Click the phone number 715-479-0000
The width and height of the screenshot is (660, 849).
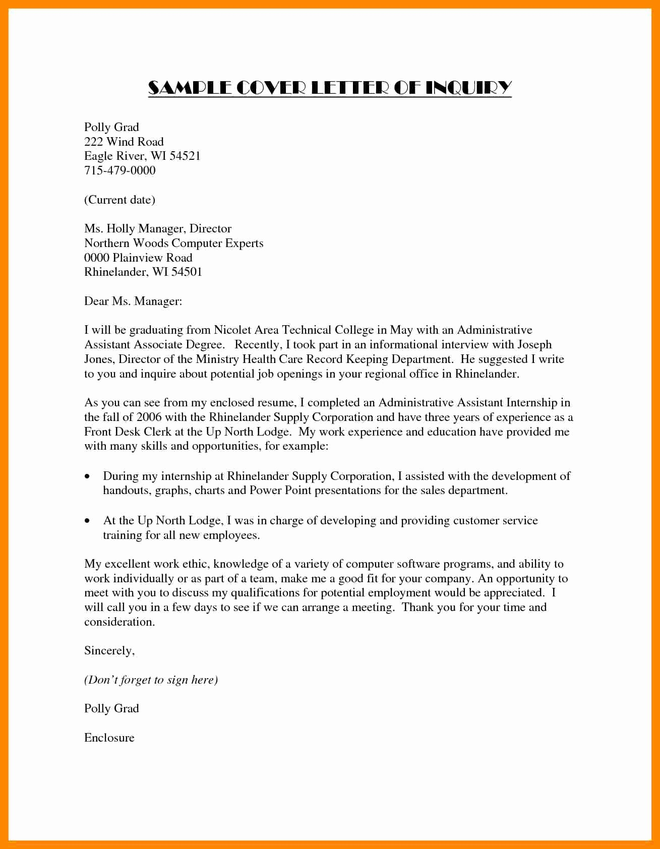119,170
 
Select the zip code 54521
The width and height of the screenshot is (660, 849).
185,156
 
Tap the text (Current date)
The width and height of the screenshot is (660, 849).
119,200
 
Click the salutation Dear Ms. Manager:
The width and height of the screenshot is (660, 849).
133,301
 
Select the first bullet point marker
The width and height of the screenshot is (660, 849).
88,476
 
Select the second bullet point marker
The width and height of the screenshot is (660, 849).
88,521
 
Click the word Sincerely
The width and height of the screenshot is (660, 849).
109,651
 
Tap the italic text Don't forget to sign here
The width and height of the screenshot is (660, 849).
151,680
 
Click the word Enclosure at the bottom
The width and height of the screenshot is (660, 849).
109,738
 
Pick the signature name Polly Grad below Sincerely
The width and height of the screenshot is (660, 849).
111,709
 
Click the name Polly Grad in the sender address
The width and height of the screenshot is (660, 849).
111,127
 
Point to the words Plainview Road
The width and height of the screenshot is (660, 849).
152,258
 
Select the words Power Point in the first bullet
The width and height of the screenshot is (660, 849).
280,491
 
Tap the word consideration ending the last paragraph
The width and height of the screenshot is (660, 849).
119,622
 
